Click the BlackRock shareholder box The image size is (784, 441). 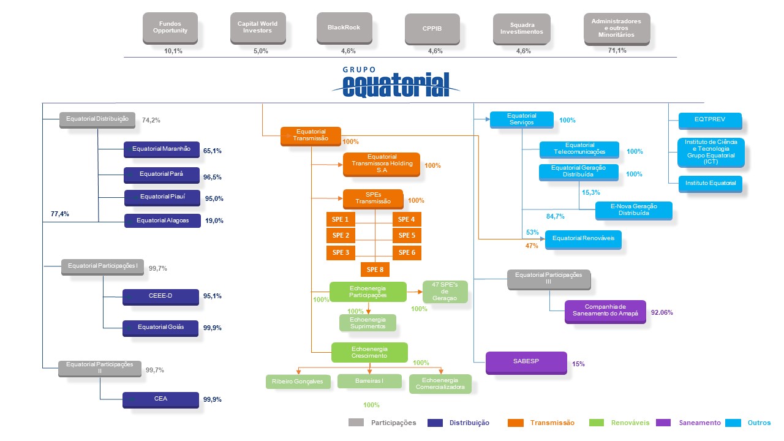344,28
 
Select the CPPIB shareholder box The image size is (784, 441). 432,29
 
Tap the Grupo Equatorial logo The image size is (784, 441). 396,82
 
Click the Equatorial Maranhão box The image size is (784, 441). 161,149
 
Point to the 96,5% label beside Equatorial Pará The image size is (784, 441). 213,177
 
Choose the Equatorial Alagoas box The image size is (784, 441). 162,221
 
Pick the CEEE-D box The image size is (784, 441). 160,297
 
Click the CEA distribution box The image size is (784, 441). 160,400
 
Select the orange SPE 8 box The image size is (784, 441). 375,269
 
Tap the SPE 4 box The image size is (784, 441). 407,219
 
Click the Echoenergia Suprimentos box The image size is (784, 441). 368,323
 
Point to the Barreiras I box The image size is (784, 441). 369,381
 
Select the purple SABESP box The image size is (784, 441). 526,363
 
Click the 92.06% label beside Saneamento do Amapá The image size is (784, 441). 662,312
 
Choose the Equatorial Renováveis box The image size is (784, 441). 583,239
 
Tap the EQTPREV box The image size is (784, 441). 710,121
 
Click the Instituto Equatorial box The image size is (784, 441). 710,184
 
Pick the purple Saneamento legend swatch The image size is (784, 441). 663,423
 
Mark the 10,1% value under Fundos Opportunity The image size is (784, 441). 173,51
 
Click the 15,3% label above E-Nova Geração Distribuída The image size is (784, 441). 591,192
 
